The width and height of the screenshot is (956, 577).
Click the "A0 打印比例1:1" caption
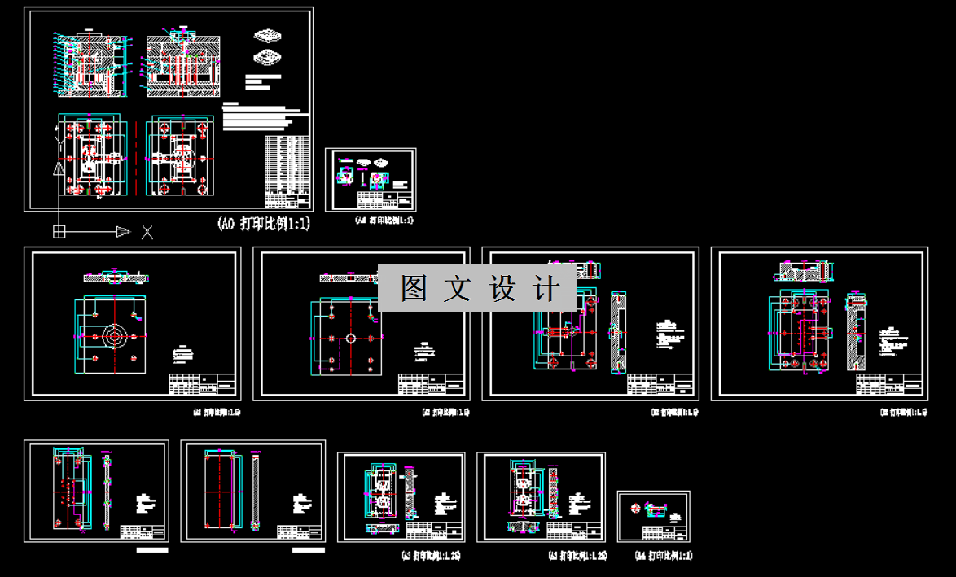coord(264,224)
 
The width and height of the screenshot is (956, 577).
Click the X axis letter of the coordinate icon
coord(147,233)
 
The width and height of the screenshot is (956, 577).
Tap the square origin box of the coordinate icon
coord(59,232)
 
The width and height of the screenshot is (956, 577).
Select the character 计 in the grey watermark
coord(548,289)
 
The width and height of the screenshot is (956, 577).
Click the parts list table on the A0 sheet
coord(287,172)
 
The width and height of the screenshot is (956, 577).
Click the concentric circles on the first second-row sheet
coord(115,335)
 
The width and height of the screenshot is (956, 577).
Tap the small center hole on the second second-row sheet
coord(350,338)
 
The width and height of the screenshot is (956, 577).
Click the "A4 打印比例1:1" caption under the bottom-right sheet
coord(663,556)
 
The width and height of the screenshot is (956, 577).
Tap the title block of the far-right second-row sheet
coord(891,383)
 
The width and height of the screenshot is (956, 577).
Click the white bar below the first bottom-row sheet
coord(152,550)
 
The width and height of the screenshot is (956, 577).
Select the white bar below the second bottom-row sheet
coord(309,550)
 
